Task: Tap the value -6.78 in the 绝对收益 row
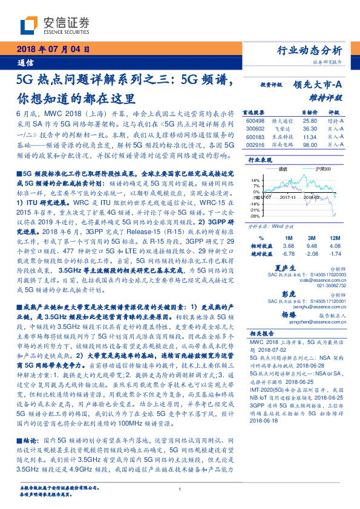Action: tap(288, 253)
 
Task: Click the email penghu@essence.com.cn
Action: tap(292, 307)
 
